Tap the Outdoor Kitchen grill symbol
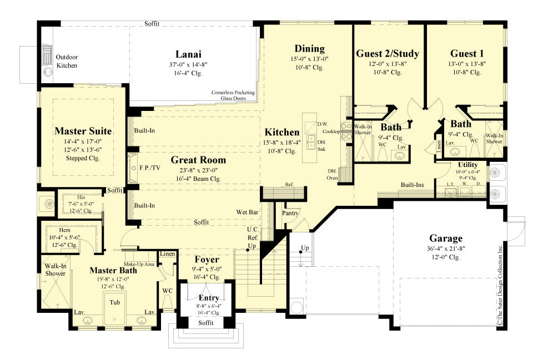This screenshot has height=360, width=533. point(47,57)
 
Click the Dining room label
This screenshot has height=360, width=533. point(309,48)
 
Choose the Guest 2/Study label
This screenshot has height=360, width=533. point(387,54)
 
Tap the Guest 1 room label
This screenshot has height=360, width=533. point(466,54)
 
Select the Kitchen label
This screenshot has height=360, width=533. point(281,133)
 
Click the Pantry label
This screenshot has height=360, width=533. point(291,212)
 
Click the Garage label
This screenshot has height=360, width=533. point(445,239)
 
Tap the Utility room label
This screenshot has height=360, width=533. point(467,165)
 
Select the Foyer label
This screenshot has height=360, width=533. point(206,260)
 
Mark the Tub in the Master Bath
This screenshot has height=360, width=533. point(114,303)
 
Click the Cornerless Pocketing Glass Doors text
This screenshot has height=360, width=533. point(233,95)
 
